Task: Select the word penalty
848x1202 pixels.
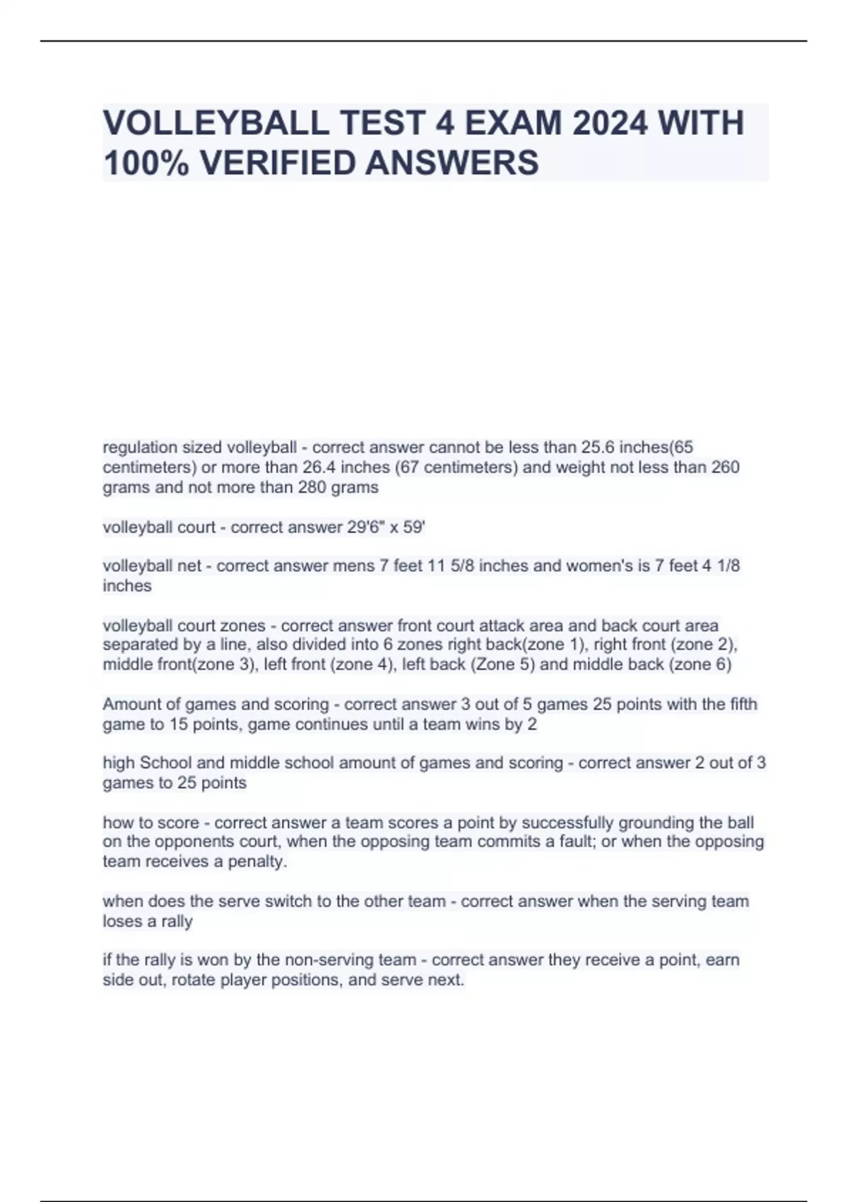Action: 257,861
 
